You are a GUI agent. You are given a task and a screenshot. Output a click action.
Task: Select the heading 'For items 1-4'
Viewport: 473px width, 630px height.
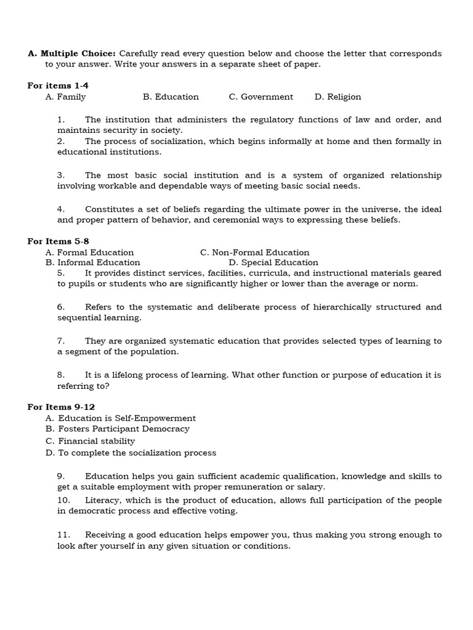(x=54, y=86)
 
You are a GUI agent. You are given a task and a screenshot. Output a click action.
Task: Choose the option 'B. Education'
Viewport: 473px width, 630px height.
(x=171, y=97)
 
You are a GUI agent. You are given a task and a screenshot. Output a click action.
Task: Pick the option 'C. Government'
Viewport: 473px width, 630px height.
(x=261, y=97)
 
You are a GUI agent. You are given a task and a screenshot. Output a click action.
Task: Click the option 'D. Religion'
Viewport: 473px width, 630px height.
(x=338, y=97)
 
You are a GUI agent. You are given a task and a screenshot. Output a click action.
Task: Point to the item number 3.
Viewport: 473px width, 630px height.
(x=61, y=175)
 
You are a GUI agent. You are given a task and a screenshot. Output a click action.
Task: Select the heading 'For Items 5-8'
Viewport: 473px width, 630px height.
(x=54, y=241)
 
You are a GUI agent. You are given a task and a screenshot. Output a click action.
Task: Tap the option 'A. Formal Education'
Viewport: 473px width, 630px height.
(x=89, y=252)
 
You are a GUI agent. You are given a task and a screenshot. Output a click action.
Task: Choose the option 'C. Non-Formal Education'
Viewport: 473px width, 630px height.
(x=254, y=252)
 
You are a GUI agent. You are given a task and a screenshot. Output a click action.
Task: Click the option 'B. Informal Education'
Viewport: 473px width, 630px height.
(x=92, y=263)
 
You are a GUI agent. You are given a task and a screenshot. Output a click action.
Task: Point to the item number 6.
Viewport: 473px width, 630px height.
(x=61, y=307)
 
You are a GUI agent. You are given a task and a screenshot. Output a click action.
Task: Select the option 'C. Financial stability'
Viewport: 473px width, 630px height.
(x=90, y=441)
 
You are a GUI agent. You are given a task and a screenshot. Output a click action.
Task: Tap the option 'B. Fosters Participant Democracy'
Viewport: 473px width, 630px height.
(x=117, y=429)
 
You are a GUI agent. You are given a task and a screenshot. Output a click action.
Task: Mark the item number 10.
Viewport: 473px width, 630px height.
(x=63, y=500)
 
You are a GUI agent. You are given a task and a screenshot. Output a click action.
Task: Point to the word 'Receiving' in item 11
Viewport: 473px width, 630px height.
(x=105, y=535)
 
